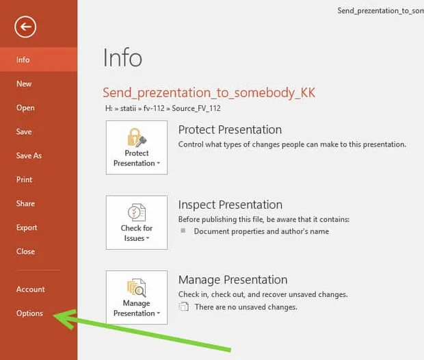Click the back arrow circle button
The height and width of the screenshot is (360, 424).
[x=25, y=27]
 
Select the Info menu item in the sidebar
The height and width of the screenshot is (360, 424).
[x=23, y=60]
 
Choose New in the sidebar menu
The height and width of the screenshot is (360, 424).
[x=24, y=83]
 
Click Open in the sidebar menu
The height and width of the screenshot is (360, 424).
[x=25, y=107]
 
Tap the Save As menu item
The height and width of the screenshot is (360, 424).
[x=29, y=155]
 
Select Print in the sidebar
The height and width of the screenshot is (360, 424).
[x=25, y=179]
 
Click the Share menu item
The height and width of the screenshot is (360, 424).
[x=25, y=203]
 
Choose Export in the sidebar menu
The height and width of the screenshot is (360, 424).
[x=27, y=228]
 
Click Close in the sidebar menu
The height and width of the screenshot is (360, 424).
[x=25, y=251]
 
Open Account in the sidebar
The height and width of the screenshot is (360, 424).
[x=31, y=290]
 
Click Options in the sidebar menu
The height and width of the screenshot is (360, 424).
[x=29, y=313]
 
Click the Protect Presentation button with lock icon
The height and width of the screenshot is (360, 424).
[x=137, y=148]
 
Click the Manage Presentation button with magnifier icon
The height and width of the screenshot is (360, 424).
[x=137, y=298]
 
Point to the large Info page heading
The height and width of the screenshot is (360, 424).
[x=122, y=57]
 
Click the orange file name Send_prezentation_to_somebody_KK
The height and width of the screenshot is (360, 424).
[x=209, y=93]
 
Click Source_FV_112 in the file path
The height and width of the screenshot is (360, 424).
[x=196, y=108]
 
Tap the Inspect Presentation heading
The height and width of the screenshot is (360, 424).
[x=230, y=205]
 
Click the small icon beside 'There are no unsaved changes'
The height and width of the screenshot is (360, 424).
[x=183, y=307]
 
